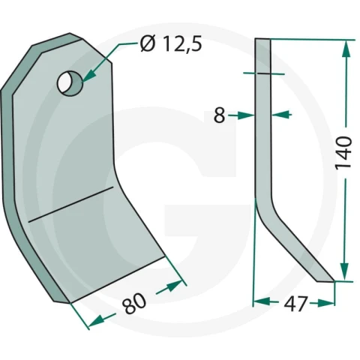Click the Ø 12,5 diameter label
pyautogui.click(x=171, y=44)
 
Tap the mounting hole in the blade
pyautogui.click(x=70, y=83)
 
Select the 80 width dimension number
pyautogui.click(x=134, y=303)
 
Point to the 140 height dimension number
pyautogui.click(x=344, y=153)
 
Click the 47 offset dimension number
pyautogui.click(x=295, y=304)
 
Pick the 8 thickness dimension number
pyautogui.click(x=220, y=115)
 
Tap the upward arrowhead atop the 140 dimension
pyautogui.click(x=346, y=49)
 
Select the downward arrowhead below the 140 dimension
pyautogui.click(x=345, y=272)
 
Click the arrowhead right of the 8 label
pyautogui.click(x=245, y=115)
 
